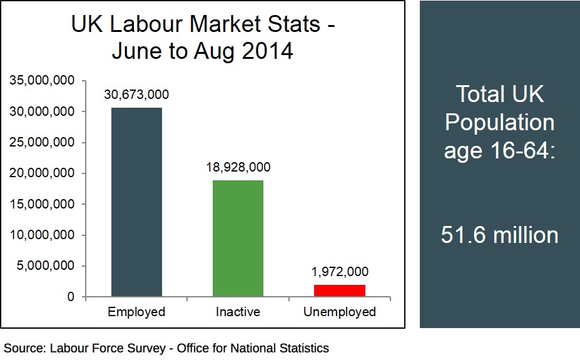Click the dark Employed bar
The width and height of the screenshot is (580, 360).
coord(136,202)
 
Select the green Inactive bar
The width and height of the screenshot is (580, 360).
coord(238,238)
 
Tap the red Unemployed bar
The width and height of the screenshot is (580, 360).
coord(339,291)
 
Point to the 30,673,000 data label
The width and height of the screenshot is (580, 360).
coord(136,95)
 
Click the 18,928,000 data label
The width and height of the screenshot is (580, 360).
coord(238,167)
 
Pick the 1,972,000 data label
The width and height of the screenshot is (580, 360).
coord(340,272)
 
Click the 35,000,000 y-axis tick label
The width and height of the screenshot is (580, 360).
coord(43,81)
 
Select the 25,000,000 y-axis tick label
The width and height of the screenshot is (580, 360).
coord(43,143)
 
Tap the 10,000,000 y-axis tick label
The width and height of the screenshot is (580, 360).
coord(43,235)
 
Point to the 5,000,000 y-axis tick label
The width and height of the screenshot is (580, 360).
coord(46,266)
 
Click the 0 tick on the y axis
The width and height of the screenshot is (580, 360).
coord(71,297)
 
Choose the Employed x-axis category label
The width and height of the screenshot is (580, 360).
coord(136,312)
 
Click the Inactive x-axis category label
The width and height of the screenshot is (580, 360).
coord(238,312)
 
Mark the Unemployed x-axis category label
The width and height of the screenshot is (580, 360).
coord(339,312)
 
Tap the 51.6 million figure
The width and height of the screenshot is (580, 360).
coord(499,235)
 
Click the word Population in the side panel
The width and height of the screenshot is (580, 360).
coord(499,122)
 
